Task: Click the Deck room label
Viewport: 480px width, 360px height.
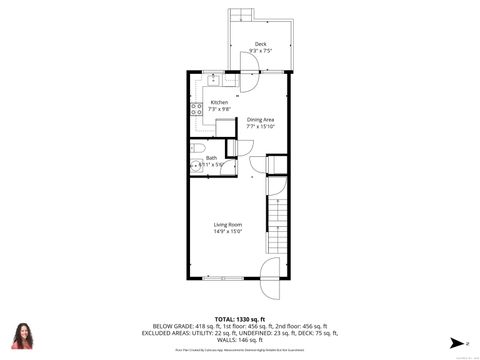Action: (260, 43)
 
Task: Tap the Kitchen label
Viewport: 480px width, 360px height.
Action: (218, 102)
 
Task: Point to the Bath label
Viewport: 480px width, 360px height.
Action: (211, 157)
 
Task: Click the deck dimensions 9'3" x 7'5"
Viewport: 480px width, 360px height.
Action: (260, 50)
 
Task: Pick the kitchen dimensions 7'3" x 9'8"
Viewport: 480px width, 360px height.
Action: (218, 109)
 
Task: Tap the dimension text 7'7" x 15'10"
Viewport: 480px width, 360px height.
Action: (261, 127)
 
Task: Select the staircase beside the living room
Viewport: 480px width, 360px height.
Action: (276, 226)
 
